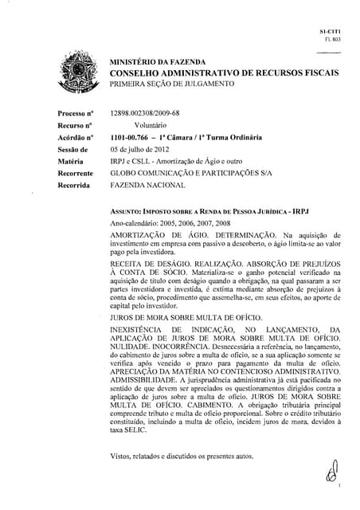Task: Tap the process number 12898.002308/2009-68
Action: [145, 115]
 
